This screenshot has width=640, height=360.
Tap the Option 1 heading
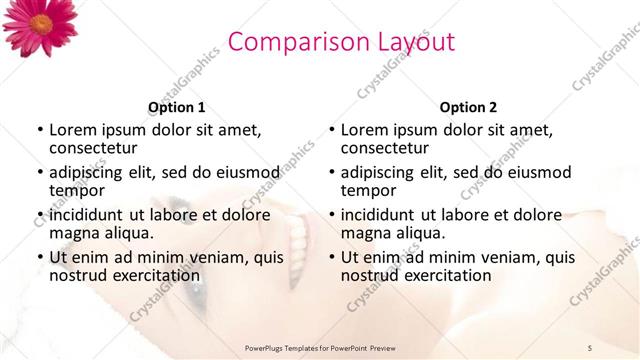[x=177, y=107]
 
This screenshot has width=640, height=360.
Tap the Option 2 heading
[x=467, y=107]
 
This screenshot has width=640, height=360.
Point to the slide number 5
[x=590, y=347]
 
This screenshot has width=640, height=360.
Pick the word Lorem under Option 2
[x=364, y=130]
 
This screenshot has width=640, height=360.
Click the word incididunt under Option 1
[x=90, y=214]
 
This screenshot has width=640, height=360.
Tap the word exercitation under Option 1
[x=156, y=275]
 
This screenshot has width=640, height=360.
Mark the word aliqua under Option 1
[x=127, y=233]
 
